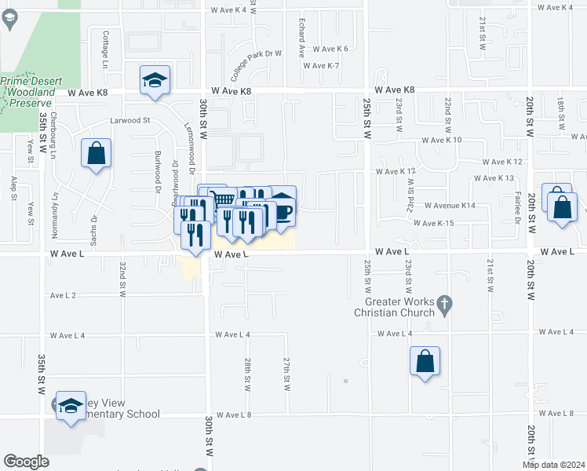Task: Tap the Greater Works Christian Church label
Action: pos(399,307)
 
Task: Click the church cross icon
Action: pos(444,303)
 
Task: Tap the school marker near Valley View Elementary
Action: pos(71,405)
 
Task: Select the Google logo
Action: pos(26,462)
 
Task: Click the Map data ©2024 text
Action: pos(552,465)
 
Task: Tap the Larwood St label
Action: pos(129,121)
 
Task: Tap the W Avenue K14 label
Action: pos(450,206)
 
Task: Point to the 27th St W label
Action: pos(286,374)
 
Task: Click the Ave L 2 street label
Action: pos(63,296)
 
